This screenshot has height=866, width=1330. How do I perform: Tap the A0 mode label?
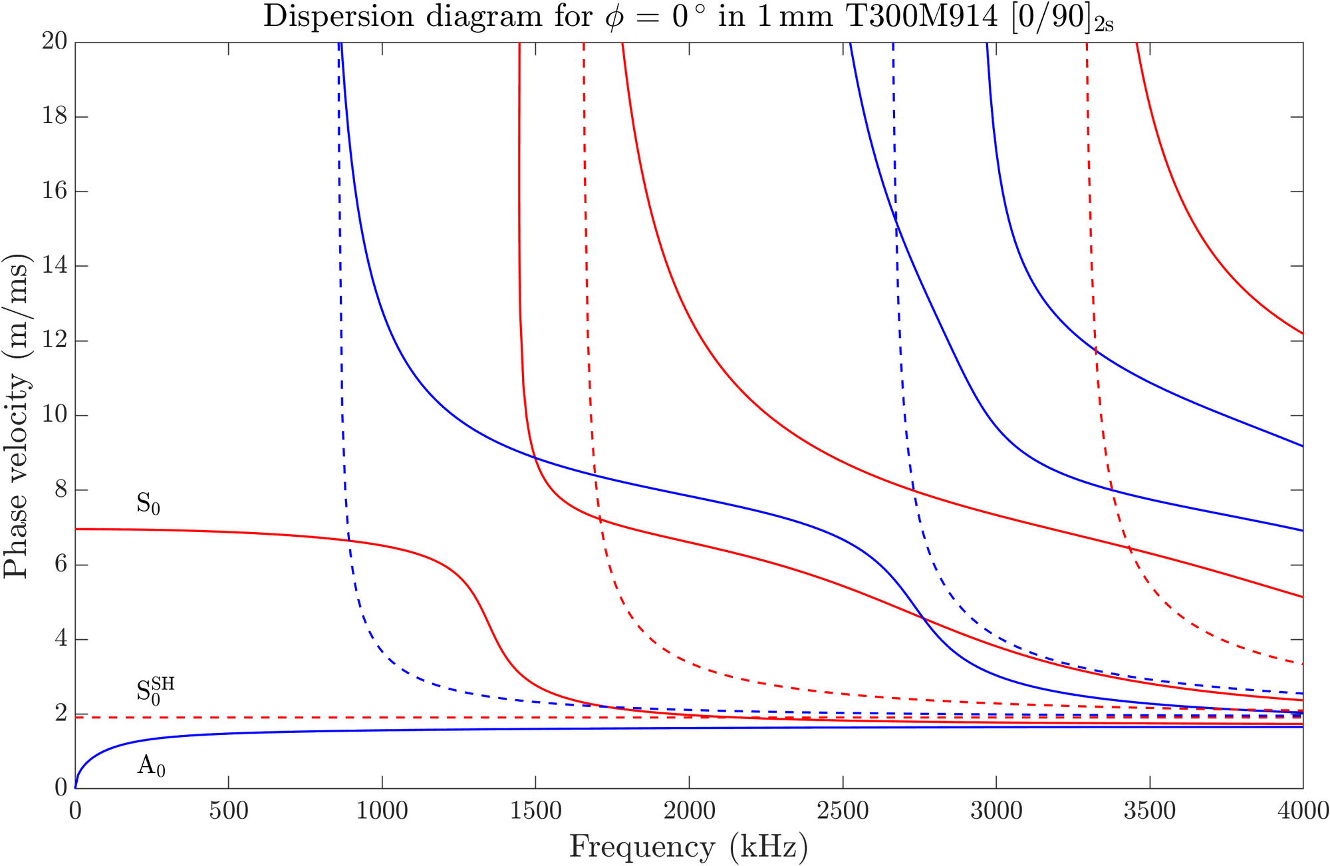[x=151, y=766]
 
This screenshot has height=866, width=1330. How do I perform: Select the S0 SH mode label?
[x=154, y=691]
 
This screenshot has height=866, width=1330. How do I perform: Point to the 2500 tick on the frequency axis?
[x=843, y=811]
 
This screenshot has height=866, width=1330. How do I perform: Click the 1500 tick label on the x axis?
[x=535, y=811]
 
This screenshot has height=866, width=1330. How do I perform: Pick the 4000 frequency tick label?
[x=1302, y=811]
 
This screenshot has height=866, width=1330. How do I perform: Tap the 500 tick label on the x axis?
[x=229, y=811]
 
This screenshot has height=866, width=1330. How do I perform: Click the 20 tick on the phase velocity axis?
[x=55, y=42]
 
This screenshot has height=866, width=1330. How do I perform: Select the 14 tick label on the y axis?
[x=55, y=266]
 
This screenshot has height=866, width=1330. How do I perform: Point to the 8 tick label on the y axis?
[x=61, y=490]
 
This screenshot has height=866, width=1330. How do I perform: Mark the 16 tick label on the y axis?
[x=55, y=192]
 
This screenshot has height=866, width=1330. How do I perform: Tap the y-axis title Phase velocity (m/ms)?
[x=16, y=415]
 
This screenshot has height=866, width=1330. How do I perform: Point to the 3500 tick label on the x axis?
[x=1149, y=811]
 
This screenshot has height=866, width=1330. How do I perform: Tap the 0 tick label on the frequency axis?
[x=75, y=811]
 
